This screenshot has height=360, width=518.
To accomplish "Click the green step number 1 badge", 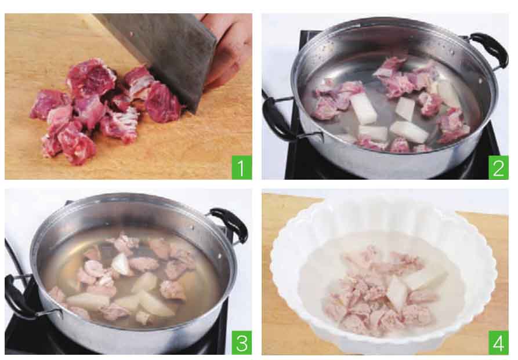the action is (x=241, y=167).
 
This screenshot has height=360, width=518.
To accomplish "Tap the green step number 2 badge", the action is (x=498, y=167).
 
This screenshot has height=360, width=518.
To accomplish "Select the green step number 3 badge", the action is (x=241, y=343).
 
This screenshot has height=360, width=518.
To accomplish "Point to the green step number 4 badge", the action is (x=498, y=343).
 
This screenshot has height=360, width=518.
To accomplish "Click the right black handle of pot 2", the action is (x=491, y=49).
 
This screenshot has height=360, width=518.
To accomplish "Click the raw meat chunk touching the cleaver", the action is (x=162, y=103).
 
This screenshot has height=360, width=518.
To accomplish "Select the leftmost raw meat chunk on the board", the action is (x=49, y=104).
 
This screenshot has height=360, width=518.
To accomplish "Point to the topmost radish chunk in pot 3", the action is (x=122, y=264).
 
